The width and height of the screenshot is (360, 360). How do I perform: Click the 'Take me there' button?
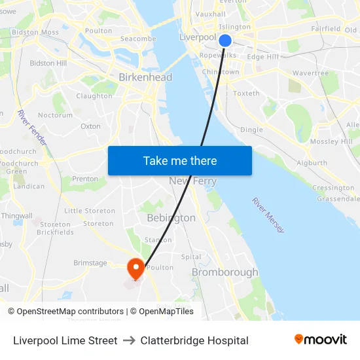[179, 160]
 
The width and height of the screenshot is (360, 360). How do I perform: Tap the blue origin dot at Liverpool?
[225, 41]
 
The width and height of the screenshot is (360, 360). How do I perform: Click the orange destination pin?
[136, 268]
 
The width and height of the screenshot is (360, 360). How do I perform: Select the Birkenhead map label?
[145, 77]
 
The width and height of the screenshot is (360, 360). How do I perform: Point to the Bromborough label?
[225, 272]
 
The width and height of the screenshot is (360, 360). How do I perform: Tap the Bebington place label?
[171, 218]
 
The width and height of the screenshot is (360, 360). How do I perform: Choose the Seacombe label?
[138, 39]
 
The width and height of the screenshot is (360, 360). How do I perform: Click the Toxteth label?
[246, 94]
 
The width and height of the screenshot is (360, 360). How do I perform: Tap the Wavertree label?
[310, 73]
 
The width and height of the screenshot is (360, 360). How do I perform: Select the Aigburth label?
[312, 163]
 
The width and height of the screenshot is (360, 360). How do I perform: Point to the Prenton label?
[85, 179]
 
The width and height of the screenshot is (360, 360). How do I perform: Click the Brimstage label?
[90, 262]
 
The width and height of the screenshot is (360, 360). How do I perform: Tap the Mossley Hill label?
[331, 141]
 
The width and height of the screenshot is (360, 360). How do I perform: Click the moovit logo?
[321, 340]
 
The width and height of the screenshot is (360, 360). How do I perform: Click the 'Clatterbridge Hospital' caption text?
[194, 340]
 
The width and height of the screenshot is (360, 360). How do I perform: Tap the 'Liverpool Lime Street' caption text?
[65, 340]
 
